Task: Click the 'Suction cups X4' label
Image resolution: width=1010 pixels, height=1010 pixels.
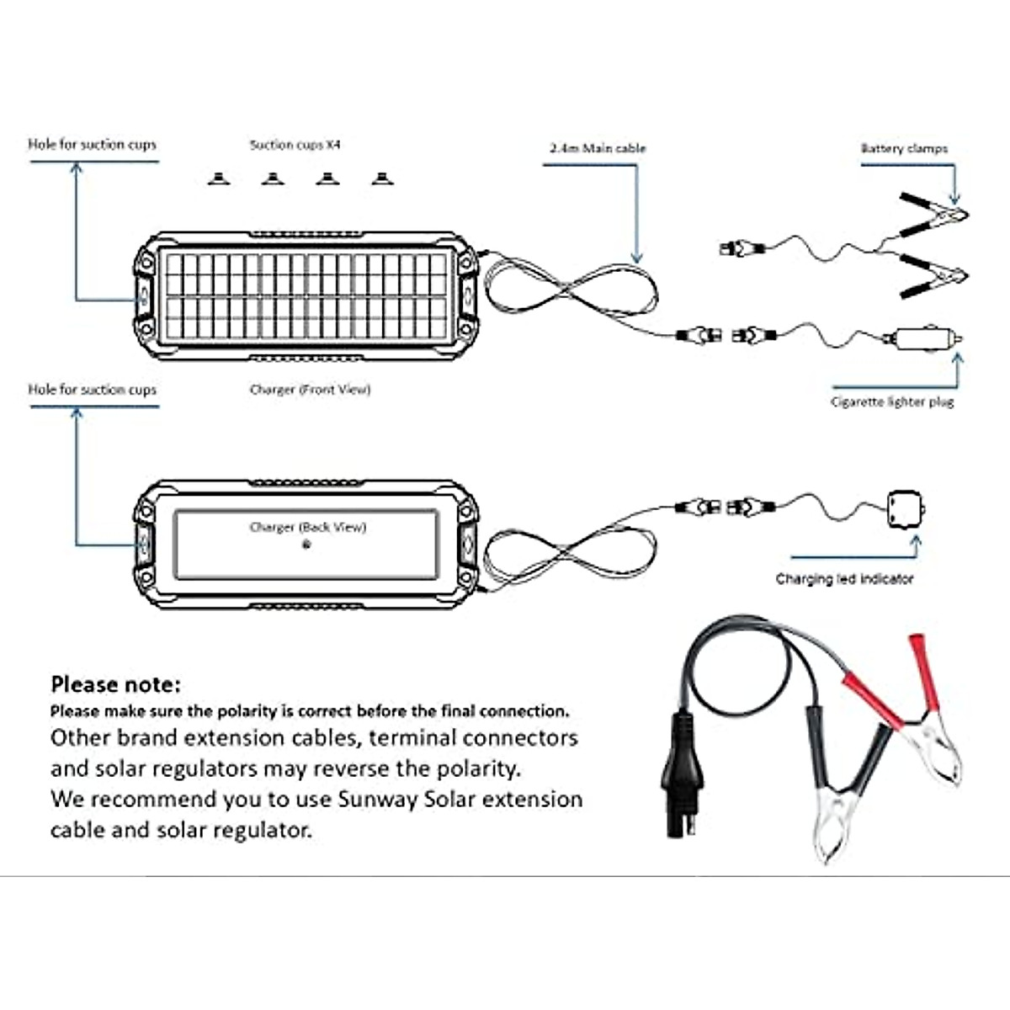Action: coord(295,144)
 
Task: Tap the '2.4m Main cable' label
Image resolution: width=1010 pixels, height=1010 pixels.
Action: coord(598,148)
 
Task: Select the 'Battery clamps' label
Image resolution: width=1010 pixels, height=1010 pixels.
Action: coord(905,148)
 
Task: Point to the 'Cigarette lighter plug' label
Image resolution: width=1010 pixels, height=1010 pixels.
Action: coord(892,402)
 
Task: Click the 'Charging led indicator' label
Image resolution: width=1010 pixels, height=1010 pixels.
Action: coord(844,578)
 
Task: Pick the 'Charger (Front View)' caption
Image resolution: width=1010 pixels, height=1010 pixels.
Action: coord(311,390)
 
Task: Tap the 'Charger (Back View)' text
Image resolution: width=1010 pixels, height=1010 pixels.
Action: coord(308,527)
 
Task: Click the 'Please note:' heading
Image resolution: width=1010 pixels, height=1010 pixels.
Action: coord(116,684)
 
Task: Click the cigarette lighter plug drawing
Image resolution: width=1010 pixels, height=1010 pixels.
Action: coord(923,338)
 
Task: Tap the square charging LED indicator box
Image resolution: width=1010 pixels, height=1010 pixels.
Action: coord(906,508)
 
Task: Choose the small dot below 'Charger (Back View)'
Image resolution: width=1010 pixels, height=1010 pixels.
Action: coord(306,545)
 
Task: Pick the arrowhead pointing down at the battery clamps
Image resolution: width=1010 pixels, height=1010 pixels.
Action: coord(954,199)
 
